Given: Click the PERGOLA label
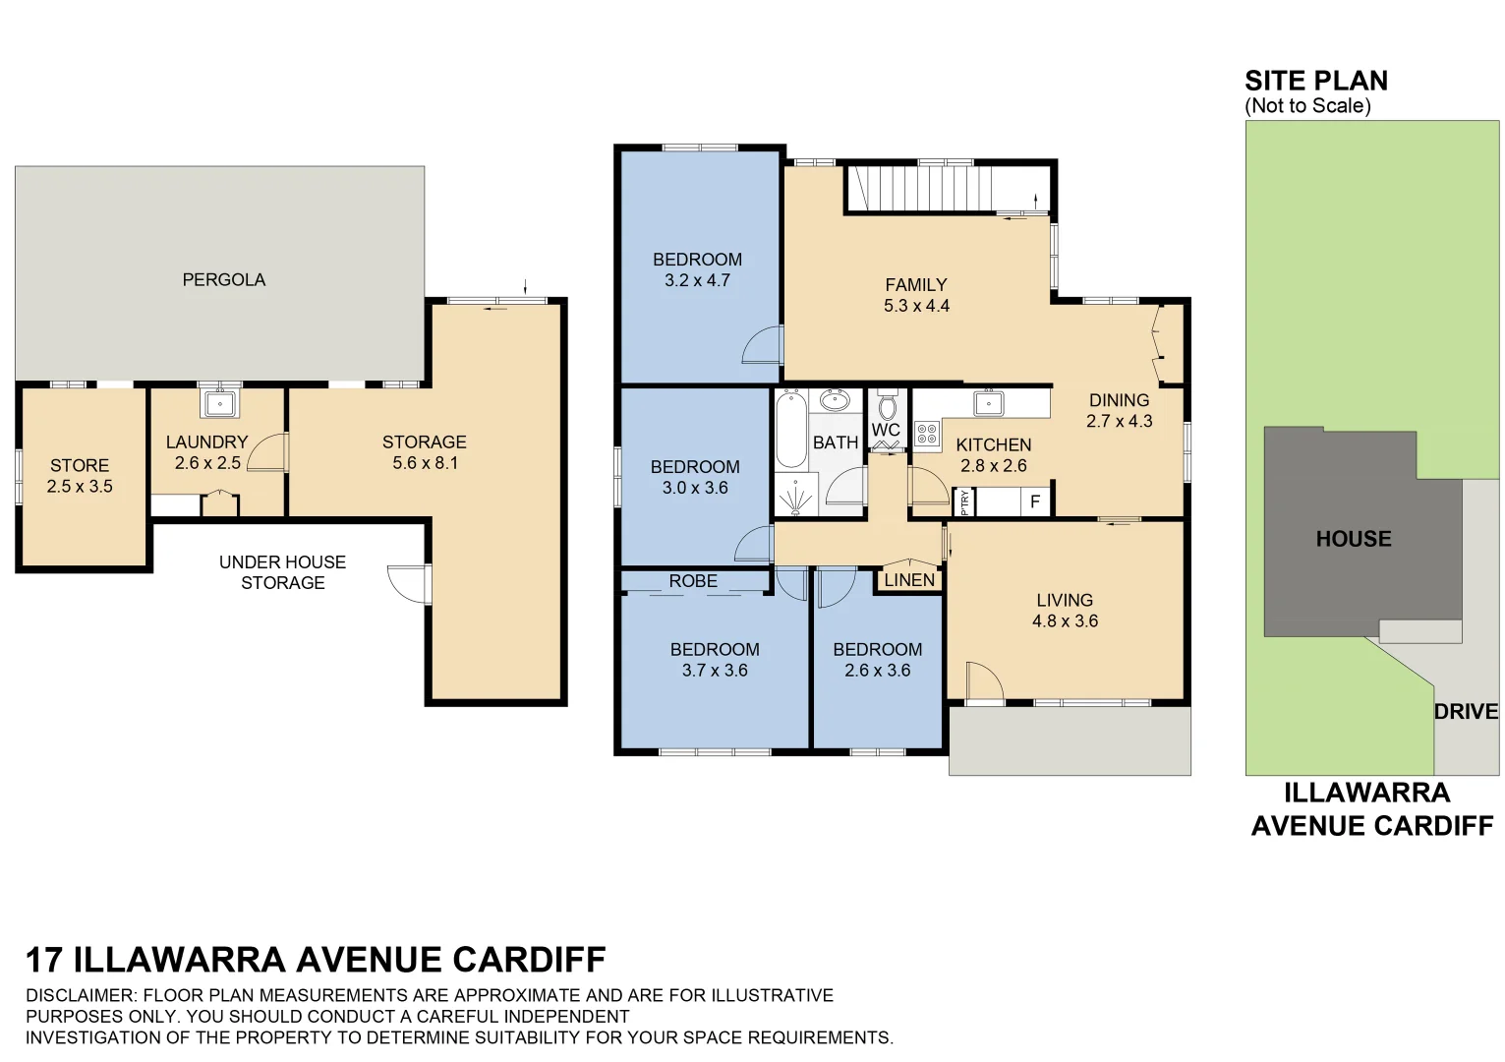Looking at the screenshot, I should coord(223,280).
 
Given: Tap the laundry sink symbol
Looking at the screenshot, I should coord(220,403).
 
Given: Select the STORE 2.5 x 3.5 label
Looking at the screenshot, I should coord(80,476).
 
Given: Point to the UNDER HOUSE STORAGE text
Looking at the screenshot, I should coord(282,572).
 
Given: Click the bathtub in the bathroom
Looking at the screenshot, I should coord(790,431).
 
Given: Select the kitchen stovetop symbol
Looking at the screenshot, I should coord(926,433).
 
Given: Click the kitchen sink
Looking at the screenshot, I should coord(986,402).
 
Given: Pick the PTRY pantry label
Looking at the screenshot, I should coord(964,502).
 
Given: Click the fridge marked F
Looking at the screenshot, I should coord(1034,502).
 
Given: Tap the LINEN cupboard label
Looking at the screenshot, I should coord(909,580).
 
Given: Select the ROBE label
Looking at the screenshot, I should coord(693,581).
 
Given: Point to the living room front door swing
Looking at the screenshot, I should coord(983,680).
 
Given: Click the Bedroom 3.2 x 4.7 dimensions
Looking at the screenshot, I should coord(697,280).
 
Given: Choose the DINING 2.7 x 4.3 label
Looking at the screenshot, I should coord(1119,410).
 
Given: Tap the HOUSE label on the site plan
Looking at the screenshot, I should coord(1353,539).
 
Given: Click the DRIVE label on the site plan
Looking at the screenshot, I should coord(1465,712).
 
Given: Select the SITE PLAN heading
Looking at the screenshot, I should coord(1315,81).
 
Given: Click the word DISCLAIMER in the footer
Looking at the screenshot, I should coord(82,995).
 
